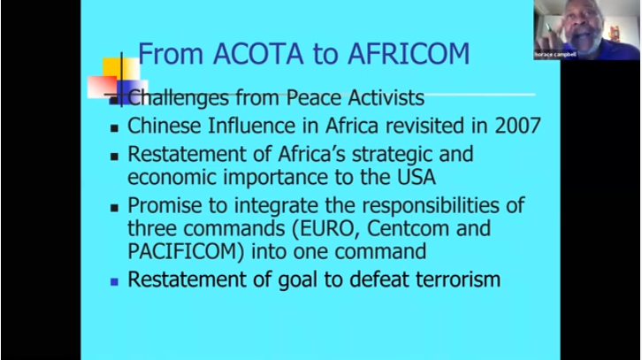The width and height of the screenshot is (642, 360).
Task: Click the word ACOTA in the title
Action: click(258, 54)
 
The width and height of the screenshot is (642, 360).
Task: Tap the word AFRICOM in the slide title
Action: click(409, 54)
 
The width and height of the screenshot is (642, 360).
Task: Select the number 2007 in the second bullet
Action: click(518, 126)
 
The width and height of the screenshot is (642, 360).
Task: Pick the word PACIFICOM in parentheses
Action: click(186, 251)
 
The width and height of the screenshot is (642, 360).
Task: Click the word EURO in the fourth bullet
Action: click(326, 228)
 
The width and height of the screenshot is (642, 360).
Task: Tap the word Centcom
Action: click(409, 228)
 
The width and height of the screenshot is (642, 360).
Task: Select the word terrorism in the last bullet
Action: click(458, 280)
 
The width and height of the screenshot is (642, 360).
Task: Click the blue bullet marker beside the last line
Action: click(114, 282)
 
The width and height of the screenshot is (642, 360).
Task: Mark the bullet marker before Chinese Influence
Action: click(114, 128)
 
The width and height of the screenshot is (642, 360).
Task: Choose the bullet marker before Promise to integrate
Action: click(114, 208)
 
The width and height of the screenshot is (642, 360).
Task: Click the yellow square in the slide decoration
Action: click(121, 69)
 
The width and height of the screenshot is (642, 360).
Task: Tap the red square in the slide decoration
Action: click(103, 87)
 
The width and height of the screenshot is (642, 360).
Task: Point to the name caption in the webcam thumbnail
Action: click(555, 55)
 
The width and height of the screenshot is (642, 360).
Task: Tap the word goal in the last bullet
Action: click(298, 280)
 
